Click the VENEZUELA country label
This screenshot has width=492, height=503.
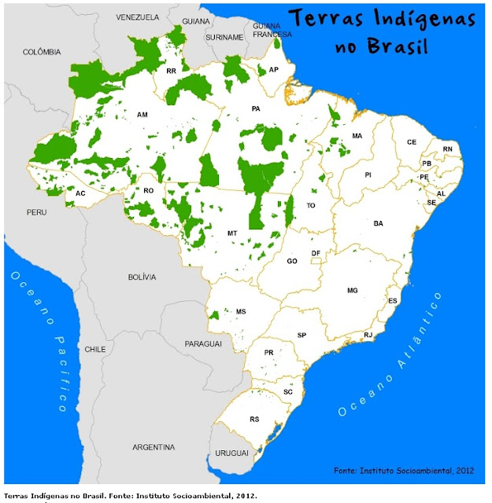137,17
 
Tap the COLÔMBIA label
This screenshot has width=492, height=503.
41,52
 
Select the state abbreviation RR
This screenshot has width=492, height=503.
171,72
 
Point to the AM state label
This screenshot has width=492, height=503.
142,115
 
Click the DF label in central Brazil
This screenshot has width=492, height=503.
316,253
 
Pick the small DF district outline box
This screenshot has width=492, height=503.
315,261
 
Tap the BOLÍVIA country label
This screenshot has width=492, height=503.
142,277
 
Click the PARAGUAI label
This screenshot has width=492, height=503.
203,344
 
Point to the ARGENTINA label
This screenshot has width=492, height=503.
154,447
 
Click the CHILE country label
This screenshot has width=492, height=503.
95,349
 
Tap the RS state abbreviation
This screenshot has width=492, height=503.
254,420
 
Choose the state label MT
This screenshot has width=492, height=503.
232,233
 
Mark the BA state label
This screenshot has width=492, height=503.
379,224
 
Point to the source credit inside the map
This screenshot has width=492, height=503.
404,470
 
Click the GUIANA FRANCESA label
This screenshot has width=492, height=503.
272,30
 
